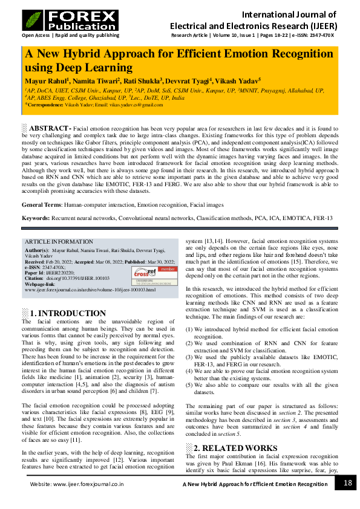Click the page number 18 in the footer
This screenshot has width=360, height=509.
pyautogui.click(x=347, y=482)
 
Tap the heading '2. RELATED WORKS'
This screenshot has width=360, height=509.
pyautogui.click(x=223, y=448)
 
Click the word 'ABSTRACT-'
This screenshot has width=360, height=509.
pyautogui.click(x=51, y=129)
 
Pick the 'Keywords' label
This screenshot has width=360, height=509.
pyautogui.click(x=36, y=218)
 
